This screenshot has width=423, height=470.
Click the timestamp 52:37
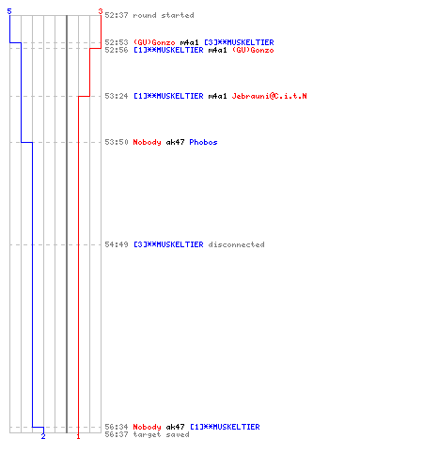click(x=117, y=15)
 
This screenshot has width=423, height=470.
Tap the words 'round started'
click(x=164, y=15)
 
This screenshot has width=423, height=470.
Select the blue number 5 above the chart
click(x=9, y=11)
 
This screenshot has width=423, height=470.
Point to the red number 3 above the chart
click(x=101, y=11)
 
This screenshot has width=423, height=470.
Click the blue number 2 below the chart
click(x=43, y=436)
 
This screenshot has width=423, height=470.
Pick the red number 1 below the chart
click(x=78, y=436)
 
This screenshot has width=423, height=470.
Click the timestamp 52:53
click(x=117, y=42)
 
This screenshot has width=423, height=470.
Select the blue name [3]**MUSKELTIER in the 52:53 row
click(x=239, y=42)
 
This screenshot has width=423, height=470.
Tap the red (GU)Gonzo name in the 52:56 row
click(x=253, y=50)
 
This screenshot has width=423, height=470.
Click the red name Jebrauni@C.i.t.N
click(x=269, y=96)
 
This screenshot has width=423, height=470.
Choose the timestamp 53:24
click(x=117, y=96)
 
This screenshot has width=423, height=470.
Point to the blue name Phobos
click(x=203, y=142)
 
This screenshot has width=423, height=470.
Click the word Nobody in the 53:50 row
click(x=147, y=142)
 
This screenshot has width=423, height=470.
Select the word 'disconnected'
click(x=236, y=244)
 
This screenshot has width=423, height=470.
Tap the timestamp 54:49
click(x=117, y=244)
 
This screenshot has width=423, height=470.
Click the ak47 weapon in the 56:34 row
click(x=175, y=427)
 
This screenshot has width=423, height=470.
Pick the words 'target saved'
click(x=161, y=434)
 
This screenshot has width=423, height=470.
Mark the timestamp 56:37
click(x=117, y=434)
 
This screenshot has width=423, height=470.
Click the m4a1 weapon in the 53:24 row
click(x=217, y=96)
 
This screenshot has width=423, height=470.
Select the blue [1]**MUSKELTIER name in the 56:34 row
click(x=225, y=427)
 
